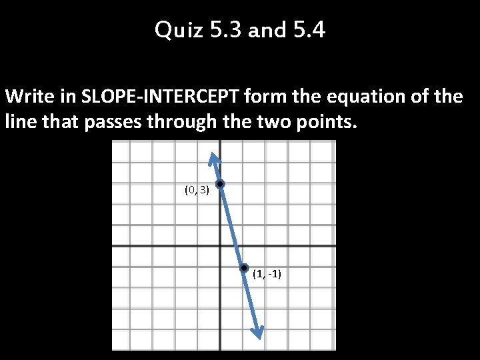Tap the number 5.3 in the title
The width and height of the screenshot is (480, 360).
coord(224,30)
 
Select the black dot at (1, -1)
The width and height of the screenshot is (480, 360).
coord(245,267)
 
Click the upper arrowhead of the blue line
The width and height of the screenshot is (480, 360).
coord(213,157)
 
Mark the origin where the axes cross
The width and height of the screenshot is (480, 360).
coord(219,246)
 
